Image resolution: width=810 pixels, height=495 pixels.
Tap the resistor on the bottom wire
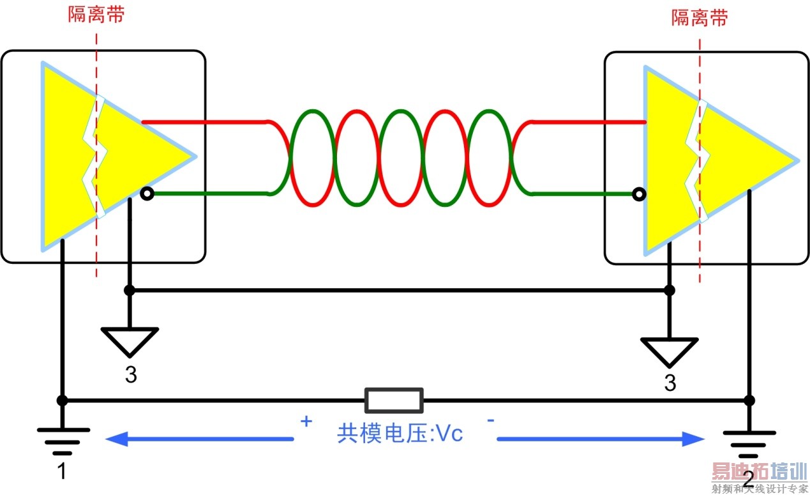pos(394,400)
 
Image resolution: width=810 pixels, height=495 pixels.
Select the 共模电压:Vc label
pos(400,434)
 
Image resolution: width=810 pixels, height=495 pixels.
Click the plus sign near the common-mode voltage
pos(306,422)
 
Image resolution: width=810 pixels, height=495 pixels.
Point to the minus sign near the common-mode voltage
pos(491,420)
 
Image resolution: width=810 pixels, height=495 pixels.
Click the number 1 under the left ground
pos(62,471)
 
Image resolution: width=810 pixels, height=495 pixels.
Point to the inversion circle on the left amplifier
pos(147,194)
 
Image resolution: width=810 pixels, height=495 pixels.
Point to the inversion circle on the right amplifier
pos(637,194)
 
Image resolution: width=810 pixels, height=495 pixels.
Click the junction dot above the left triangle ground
pos(130,291)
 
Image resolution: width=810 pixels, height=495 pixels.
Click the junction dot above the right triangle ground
pos(669,291)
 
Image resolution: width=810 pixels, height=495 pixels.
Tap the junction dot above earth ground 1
pos(62,400)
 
